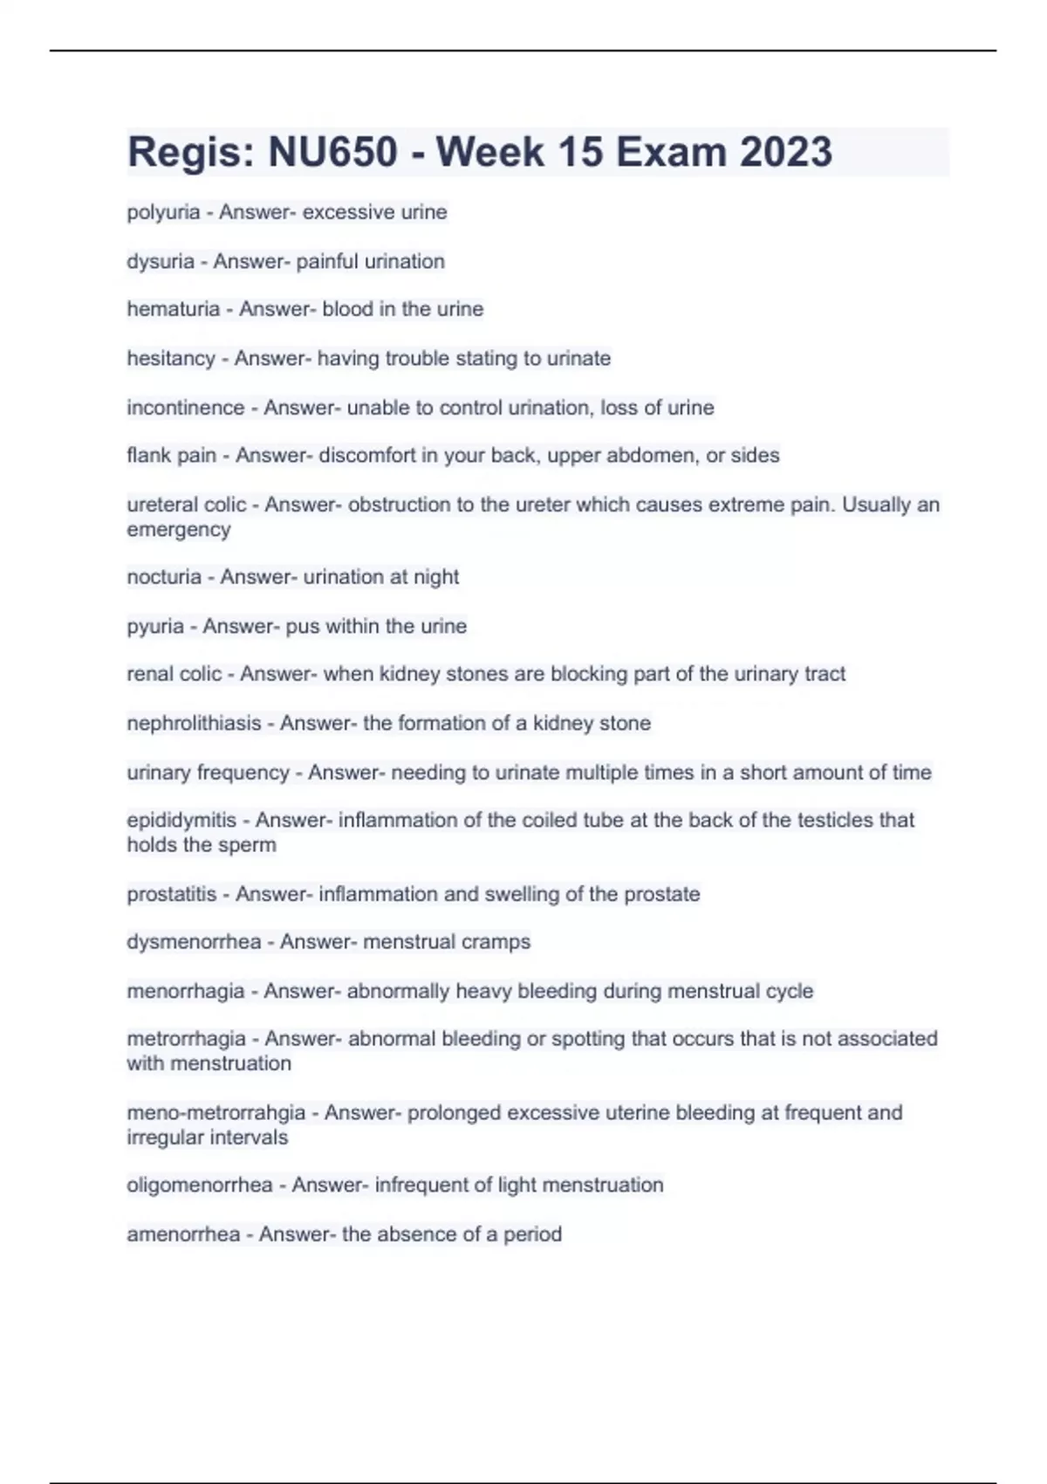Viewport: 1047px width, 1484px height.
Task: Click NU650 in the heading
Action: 332,152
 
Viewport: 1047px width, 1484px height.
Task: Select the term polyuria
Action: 163,212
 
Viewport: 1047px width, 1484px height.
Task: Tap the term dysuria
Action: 161,261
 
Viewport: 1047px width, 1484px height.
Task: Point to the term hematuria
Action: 174,309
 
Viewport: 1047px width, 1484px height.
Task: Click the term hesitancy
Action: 171,358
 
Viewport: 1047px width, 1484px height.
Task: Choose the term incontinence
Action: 186,408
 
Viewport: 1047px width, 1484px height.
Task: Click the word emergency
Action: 179,530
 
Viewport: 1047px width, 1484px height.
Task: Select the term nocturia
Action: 164,577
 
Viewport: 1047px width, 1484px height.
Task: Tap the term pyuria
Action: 155,626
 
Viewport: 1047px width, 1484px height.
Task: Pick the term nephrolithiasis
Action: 194,724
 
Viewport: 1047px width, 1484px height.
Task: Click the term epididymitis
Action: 181,821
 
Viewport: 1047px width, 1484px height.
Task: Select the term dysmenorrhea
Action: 194,942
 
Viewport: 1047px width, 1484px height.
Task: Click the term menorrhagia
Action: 186,992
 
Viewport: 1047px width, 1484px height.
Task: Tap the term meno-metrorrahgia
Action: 216,1113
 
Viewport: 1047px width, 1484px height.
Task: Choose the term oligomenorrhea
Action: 200,1185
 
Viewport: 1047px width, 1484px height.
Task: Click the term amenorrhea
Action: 183,1234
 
